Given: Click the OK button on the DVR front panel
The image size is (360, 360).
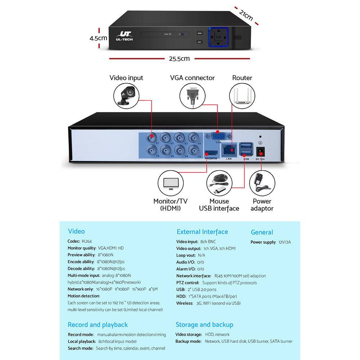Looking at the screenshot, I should (x=219, y=37).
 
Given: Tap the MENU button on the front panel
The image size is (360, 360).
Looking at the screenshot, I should (x=199, y=33).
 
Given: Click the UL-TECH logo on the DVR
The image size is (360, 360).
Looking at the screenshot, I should (x=124, y=36).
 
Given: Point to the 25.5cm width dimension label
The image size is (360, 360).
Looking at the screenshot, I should (x=179, y=58).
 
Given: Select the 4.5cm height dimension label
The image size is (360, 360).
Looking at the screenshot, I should (x=98, y=37).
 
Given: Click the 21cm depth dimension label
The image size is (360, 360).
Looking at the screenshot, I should (x=246, y=15).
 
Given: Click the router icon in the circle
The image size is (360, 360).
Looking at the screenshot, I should (x=242, y=97).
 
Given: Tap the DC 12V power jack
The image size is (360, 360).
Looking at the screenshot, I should (x=260, y=151).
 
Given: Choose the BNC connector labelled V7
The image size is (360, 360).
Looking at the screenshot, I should (x=152, y=136).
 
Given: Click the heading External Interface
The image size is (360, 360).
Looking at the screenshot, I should (x=202, y=232).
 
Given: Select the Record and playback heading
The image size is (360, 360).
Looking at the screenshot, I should (x=98, y=325).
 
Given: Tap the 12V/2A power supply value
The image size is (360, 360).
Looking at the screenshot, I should (x=284, y=242).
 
